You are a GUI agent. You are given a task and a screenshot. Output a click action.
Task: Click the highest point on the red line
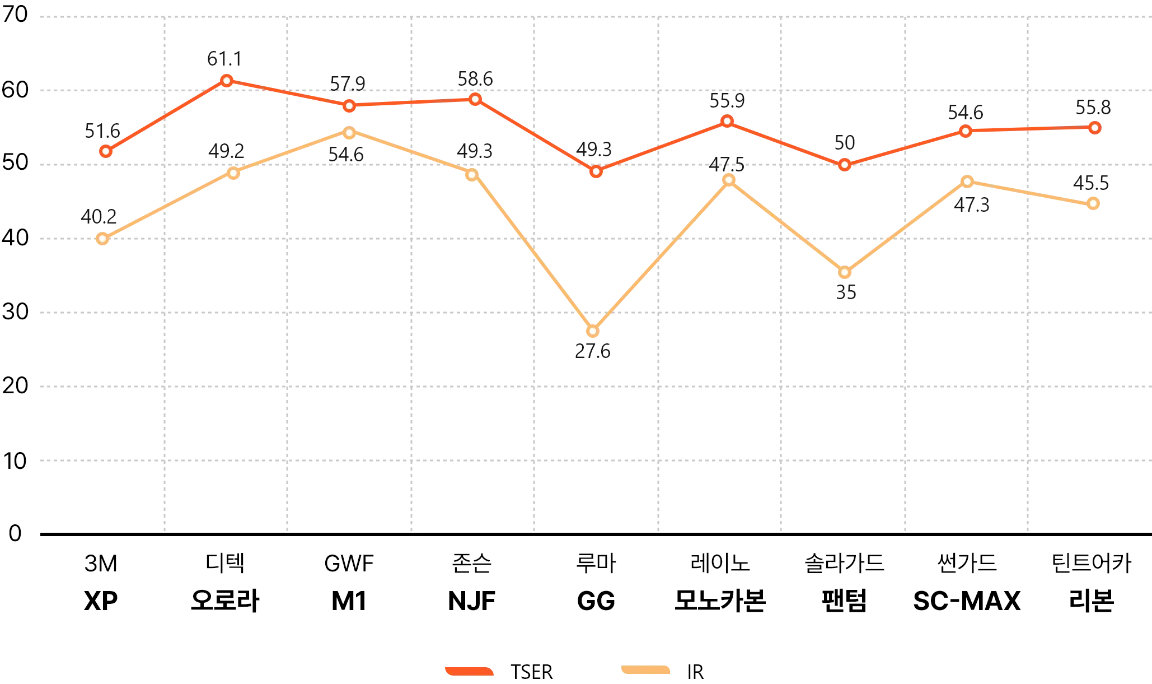point(227,81)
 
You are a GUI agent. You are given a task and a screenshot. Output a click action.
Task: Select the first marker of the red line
point(105,151)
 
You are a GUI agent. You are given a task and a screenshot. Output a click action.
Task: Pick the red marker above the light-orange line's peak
point(349,106)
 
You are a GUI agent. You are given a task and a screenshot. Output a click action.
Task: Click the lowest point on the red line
point(597,171)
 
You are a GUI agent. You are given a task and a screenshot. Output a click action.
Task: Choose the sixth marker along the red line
point(727,120)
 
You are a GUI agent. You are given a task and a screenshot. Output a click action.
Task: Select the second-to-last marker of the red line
point(966,131)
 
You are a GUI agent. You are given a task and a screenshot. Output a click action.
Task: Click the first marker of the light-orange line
point(102,239)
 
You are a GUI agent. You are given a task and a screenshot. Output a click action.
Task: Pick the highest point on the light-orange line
point(349,133)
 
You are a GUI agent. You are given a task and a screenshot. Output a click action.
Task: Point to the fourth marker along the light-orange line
point(472,175)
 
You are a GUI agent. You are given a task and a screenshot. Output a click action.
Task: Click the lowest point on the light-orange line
point(593,332)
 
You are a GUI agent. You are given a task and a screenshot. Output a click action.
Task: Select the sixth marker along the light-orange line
point(729,179)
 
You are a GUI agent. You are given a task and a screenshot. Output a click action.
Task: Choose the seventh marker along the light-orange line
point(846,273)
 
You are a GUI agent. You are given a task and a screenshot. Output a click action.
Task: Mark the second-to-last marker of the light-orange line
point(967,182)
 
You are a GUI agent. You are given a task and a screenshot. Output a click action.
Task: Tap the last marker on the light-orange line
point(1092,203)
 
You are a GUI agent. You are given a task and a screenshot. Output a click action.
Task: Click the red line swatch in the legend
point(469,669)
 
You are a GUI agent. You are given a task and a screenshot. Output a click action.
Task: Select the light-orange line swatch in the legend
point(645,669)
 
